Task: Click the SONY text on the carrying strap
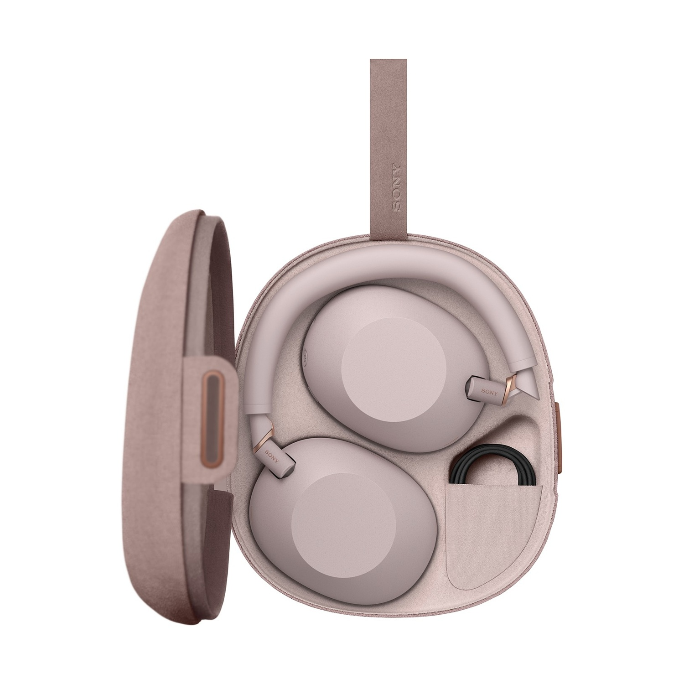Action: point(396,187)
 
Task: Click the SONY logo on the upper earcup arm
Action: point(489,392)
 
